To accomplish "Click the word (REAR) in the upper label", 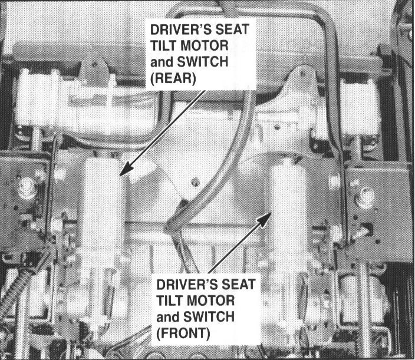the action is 173,78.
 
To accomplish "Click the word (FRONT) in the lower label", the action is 183,334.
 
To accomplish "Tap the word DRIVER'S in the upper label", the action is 181,29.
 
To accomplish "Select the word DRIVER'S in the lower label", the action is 187,284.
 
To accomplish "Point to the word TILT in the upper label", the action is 163,45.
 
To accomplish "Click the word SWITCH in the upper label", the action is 202,62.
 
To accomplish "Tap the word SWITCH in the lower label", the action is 209,317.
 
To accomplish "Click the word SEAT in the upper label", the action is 232,29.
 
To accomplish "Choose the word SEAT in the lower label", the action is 239,284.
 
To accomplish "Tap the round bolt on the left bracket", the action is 27,189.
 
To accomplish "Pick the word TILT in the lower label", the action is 169,300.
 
